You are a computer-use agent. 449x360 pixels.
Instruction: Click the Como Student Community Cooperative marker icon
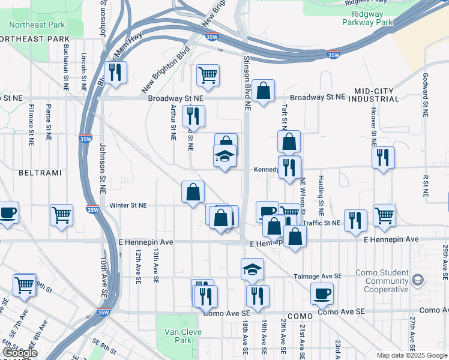coord(418,278)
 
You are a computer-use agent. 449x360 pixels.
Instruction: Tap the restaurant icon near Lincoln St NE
coord(115,73)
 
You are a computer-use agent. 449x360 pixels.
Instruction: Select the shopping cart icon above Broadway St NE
coord(208,75)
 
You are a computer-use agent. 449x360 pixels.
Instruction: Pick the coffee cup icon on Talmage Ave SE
coord(322,293)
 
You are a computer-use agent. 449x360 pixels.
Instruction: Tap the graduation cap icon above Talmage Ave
coord(253,269)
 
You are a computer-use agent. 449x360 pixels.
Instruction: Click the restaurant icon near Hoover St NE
coord(382,158)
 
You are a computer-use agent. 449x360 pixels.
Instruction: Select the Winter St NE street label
coord(128,205)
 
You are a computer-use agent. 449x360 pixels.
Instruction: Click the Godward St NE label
coord(424,87)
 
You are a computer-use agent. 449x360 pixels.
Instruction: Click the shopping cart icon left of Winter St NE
coord(62,216)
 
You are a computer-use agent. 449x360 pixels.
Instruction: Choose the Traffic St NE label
coord(322,223)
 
